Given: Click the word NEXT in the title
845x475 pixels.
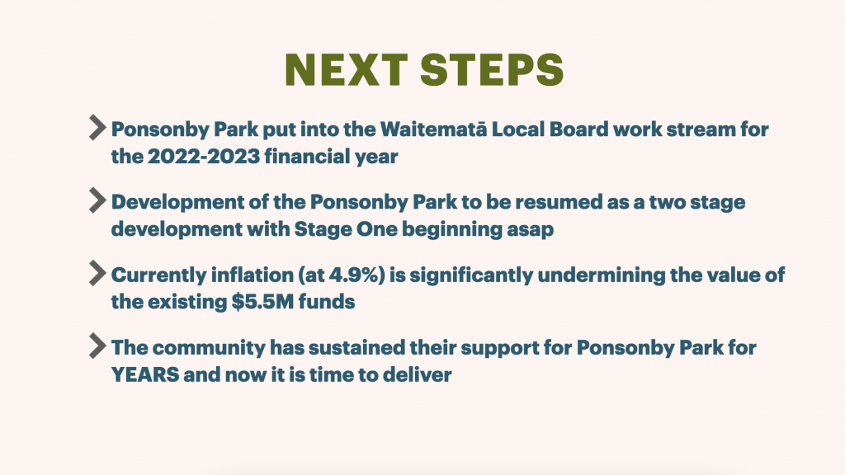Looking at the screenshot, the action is [x=346, y=70].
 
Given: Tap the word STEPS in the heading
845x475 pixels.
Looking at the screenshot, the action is [x=492, y=70].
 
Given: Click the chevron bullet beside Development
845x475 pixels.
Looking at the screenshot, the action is [x=97, y=200].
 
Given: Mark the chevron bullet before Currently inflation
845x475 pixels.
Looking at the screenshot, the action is [x=97, y=273].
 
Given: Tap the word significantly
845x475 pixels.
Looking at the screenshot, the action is [x=471, y=275].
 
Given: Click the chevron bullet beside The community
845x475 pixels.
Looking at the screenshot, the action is [x=97, y=346].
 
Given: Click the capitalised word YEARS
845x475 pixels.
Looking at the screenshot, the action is [x=145, y=374].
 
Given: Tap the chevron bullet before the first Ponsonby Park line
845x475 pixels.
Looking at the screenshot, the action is [x=97, y=128].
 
